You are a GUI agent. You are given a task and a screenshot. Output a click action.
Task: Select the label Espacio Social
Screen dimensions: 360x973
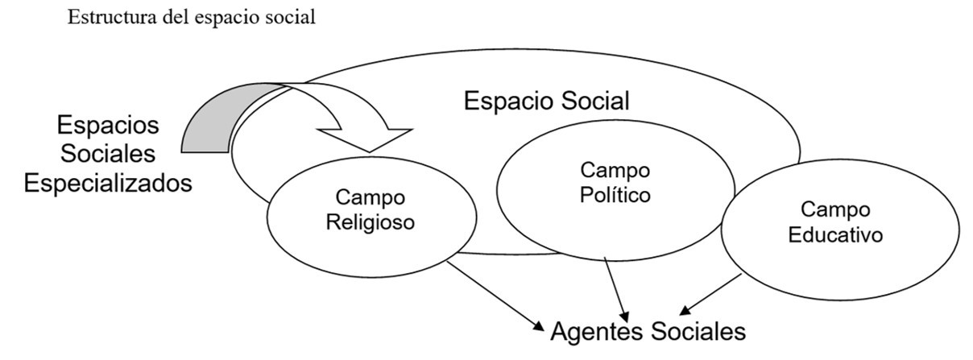[x=547, y=101]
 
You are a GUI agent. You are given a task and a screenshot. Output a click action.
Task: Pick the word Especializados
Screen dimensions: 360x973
[x=107, y=183]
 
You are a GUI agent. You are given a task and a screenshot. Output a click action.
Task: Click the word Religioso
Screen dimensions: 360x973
[x=371, y=221]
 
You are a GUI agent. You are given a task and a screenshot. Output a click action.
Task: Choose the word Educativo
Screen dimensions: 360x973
[x=835, y=236]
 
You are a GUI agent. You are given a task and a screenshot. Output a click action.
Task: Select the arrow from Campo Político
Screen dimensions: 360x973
[x=616, y=290]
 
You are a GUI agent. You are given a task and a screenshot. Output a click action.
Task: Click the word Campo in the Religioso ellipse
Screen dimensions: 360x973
[x=371, y=198]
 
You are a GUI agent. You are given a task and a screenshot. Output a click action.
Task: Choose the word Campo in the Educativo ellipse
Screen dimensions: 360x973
[x=835, y=210]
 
